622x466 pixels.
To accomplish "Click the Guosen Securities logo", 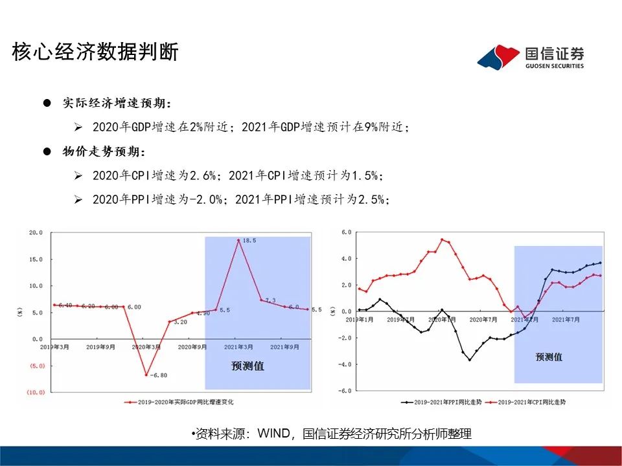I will click(531, 57).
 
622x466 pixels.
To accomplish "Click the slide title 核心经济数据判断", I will click(95, 52).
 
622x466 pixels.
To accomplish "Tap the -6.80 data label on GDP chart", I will click(159, 375).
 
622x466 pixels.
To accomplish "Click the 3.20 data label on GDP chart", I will click(179, 322).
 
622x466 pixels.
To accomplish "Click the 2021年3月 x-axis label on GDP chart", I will click(238, 347).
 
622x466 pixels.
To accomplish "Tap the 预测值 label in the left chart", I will click(248, 366).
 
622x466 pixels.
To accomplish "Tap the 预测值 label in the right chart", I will click(549, 357).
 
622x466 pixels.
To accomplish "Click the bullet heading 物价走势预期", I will click(104, 151).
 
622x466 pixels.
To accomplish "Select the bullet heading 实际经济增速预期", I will click(117, 103).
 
